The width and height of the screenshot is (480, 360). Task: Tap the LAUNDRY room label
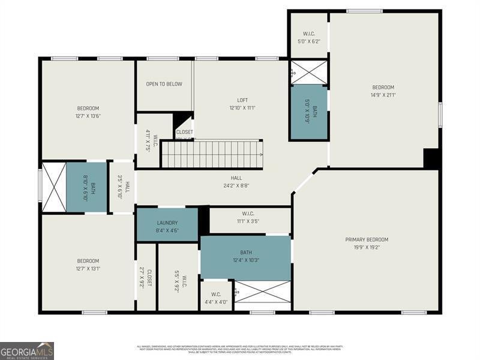point(167,223)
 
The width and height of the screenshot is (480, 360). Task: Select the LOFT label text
point(242,100)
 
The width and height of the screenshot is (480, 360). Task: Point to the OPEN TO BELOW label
point(164,84)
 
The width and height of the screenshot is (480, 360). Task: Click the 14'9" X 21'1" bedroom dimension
point(383,95)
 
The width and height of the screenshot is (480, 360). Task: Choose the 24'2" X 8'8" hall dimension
point(236,186)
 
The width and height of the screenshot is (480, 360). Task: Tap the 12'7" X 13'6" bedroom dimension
point(88,116)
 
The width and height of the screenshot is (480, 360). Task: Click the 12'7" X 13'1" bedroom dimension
point(88,268)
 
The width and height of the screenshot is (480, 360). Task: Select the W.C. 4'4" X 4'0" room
point(215,298)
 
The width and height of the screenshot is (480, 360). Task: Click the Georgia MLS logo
point(27,350)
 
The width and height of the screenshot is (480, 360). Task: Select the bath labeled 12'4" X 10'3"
point(245,257)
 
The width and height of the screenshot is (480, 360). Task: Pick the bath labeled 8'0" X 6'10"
point(86,187)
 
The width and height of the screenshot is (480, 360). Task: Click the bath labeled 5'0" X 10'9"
point(309,112)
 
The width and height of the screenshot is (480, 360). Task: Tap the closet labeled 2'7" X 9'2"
point(146,277)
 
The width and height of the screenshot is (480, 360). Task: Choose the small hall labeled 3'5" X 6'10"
point(122,187)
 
